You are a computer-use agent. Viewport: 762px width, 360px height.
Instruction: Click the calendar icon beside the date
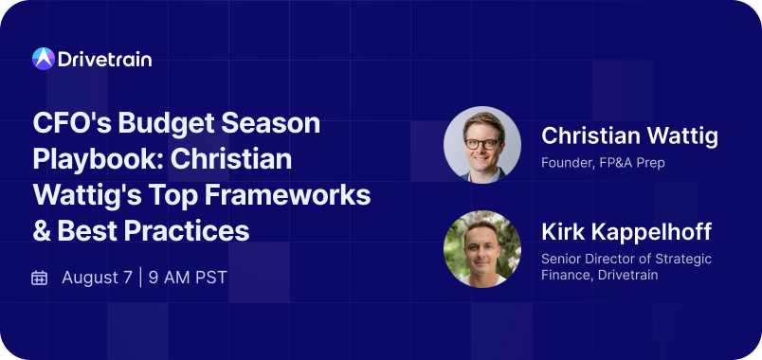coord(40,278)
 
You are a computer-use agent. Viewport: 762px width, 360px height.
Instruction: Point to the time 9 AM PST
coord(189,278)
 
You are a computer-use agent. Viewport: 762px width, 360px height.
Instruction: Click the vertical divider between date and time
coord(141,278)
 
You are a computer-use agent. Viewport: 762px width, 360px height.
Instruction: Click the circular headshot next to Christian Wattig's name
coord(482,145)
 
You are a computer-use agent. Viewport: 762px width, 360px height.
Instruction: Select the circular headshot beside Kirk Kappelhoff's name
coord(482,249)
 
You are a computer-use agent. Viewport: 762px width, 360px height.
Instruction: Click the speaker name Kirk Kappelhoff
coord(626,232)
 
